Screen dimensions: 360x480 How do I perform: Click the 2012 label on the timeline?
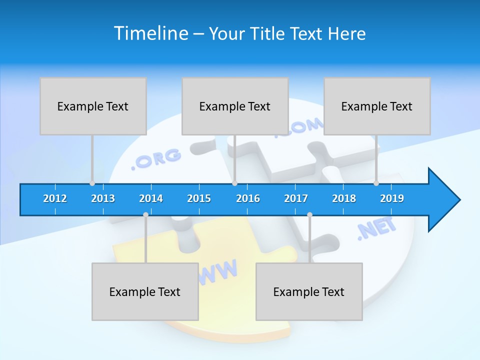coord(55,198)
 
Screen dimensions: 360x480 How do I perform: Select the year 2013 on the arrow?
coord(103,198)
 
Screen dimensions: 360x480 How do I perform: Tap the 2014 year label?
coord(151,198)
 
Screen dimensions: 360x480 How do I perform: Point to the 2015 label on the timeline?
coord(199,198)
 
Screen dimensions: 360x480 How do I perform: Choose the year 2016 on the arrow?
coord(248,198)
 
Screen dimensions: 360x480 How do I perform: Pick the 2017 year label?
coord(296,198)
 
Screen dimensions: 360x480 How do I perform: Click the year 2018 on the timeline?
coord(344,198)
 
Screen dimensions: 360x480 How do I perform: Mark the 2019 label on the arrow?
coord(392,198)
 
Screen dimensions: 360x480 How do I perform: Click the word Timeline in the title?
coord(151,33)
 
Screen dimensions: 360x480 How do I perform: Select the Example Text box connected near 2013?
coord(93,106)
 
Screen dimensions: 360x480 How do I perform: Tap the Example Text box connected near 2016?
coord(235,106)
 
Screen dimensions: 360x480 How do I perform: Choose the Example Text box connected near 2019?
coord(377,106)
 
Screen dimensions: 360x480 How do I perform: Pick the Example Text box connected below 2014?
coord(145,291)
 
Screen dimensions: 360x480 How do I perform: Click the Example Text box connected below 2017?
coord(309,291)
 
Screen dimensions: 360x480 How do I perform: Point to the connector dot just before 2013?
coord(92,183)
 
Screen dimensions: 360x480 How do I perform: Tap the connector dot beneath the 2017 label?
coord(309,215)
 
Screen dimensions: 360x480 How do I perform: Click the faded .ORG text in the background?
coord(156,158)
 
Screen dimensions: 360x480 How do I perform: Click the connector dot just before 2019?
coord(376,183)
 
